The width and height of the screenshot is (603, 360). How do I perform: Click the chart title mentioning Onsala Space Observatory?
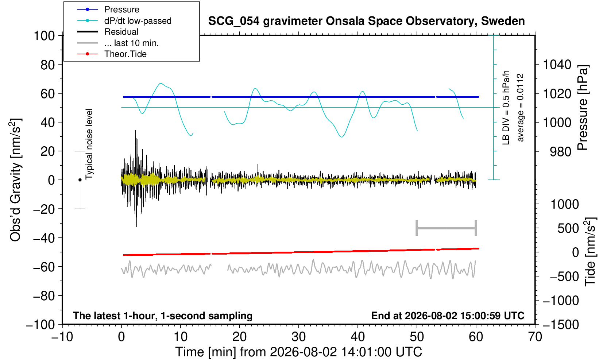tap(366, 21)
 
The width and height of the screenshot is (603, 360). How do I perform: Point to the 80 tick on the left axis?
tap(48, 65)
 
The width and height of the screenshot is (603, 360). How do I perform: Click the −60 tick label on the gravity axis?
tap(44, 267)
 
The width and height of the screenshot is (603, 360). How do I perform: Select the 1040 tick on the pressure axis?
tap(557, 65)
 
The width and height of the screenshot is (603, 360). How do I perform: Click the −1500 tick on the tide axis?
tap(560, 325)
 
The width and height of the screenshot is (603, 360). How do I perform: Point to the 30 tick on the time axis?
tap(298, 337)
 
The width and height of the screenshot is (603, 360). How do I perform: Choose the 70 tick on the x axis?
tap(535, 337)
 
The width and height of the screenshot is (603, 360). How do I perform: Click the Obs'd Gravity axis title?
tap(15, 180)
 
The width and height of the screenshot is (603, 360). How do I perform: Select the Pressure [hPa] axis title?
tap(583, 108)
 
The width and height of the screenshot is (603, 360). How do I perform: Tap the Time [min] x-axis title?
tap(298, 352)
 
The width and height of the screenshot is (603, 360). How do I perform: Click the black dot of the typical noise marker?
tap(80, 180)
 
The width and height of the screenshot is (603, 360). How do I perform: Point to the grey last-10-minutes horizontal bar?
tap(447, 228)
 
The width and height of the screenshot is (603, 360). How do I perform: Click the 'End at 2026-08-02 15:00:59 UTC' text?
tap(448, 316)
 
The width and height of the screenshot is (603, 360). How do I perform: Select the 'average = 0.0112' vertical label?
tap(520, 108)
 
